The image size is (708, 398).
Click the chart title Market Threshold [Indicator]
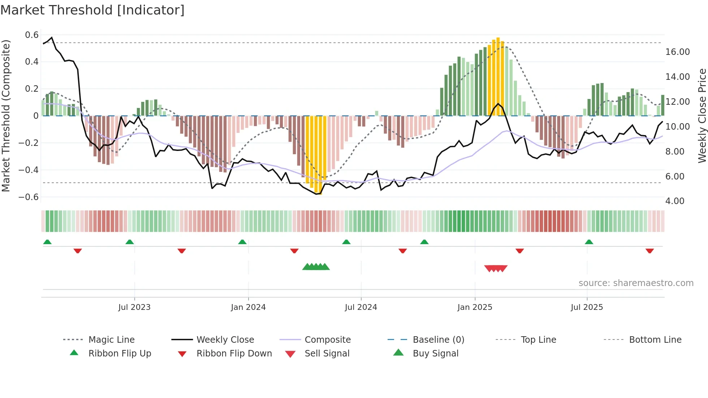coord(92,10)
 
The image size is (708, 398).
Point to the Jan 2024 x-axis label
coord(248,307)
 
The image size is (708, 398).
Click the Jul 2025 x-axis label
coord(587,307)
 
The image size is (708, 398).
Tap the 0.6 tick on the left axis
coord(32,35)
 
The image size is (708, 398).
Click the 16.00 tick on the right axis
coord(677,52)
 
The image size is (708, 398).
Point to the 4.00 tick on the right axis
coord(674,201)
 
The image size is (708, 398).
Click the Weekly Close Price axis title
coord(702,116)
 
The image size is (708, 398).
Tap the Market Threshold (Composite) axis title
coord(6,116)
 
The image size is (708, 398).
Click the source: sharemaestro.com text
coord(636,283)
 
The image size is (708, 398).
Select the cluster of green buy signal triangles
coord(316,267)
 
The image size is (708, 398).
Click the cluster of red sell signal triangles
coord(496,268)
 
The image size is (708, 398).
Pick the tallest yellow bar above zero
coord(498,76)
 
